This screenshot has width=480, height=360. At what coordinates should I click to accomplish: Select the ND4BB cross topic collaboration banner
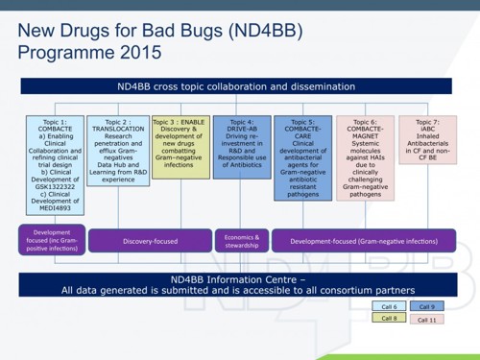tap(239, 86)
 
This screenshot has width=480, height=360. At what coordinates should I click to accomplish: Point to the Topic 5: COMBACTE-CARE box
tap(302, 157)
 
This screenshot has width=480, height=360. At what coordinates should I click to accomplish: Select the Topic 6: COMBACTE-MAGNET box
tap(364, 157)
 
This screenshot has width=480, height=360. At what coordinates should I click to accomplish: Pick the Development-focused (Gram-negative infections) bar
tap(362, 240)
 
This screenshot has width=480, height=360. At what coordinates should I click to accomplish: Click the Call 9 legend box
tap(426, 306)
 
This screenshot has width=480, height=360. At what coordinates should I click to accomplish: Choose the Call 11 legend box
tap(426, 319)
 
